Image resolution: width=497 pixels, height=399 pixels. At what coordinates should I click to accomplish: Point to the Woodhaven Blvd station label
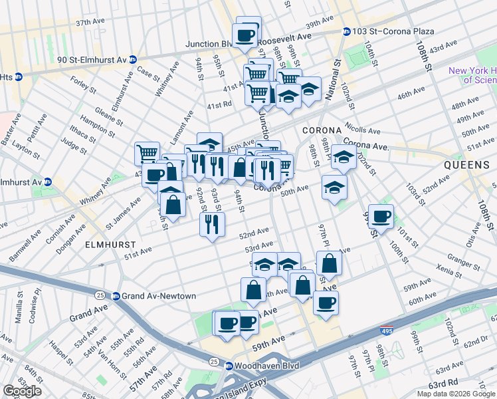(267, 366)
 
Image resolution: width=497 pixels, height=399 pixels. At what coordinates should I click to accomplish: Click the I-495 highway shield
(387, 330)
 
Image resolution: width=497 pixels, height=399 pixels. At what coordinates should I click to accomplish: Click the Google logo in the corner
(22, 391)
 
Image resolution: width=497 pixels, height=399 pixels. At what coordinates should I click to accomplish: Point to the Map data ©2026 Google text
(456, 394)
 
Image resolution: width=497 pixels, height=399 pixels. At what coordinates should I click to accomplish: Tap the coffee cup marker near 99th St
(381, 216)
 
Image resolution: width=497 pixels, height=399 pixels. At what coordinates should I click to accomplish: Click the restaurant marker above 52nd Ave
(212, 224)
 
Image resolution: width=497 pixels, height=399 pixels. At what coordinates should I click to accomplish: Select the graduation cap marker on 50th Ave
(334, 188)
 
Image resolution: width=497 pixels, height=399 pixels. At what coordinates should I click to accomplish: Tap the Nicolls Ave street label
(361, 132)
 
